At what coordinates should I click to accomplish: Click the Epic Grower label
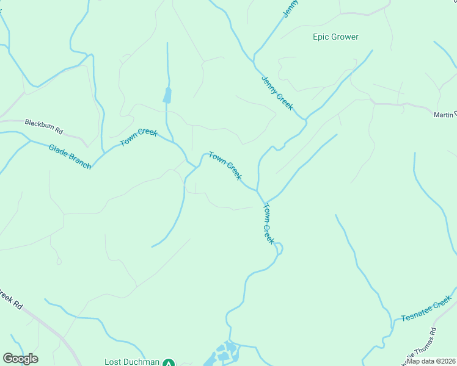(x=335, y=37)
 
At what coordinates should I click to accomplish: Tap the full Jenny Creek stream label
(x=277, y=93)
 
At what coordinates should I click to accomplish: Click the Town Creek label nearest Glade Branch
(x=139, y=137)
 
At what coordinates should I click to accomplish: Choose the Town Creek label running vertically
(x=269, y=223)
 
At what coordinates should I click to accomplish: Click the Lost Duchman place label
(x=132, y=361)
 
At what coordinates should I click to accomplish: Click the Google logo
(x=20, y=359)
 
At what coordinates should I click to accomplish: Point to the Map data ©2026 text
(x=431, y=361)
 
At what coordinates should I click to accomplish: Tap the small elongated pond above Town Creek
(x=167, y=95)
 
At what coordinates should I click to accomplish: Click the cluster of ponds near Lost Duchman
(x=225, y=352)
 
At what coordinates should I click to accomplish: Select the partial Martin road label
(x=444, y=115)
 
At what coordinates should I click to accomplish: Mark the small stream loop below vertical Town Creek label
(x=279, y=248)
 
